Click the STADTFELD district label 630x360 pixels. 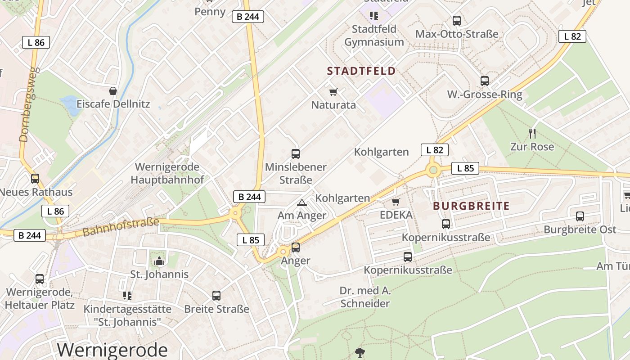coord(361,71)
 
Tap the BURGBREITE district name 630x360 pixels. coord(471,206)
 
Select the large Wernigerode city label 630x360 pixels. coord(112,350)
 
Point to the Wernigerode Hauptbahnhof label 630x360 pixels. coord(167,173)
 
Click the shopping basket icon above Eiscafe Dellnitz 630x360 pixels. coord(112,91)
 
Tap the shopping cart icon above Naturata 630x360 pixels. coord(333,92)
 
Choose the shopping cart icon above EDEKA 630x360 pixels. coord(396,202)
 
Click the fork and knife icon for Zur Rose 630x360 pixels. coord(532,133)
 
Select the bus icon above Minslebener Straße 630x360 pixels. coord(295,154)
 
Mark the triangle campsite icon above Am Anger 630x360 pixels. coord(301,203)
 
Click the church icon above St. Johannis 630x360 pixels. coord(159,261)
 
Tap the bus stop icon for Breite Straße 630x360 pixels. coord(216,296)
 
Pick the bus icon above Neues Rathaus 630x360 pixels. coord(35,179)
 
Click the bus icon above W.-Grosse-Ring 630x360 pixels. coord(484,81)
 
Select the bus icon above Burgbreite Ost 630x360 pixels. coord(580,216)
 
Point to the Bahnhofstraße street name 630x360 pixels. coord(121,227)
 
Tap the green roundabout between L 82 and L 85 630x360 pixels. coord(433,170)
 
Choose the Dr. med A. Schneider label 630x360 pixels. coord(365,297)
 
